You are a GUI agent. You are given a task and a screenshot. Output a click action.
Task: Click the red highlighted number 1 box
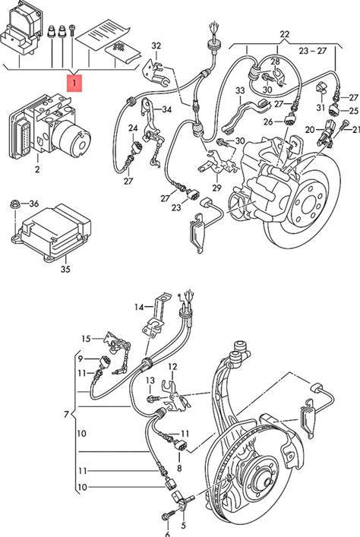[74, 84]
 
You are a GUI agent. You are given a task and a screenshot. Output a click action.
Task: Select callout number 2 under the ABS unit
[37, 169]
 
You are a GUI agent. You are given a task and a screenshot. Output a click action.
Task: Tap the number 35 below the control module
[65, 269]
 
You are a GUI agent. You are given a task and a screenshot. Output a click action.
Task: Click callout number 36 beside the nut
[34, 204]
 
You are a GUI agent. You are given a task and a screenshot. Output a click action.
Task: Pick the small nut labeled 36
[14, 204]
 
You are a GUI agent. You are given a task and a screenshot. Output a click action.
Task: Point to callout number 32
[156, 46]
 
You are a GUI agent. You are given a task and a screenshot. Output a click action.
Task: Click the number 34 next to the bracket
[167, 109]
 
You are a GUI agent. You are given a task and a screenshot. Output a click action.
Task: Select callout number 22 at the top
[284, 34]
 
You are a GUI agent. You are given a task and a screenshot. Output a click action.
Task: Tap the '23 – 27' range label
[313, 51]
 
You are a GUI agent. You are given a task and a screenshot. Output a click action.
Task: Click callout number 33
[240, 90]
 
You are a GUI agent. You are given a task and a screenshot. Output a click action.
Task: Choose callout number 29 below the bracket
[216, 188]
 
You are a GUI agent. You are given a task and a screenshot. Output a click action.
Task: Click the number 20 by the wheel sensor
[310, 129]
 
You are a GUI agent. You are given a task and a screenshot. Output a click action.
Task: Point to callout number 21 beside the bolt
[356, 129]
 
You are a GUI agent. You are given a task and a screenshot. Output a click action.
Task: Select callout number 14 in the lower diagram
[139, 307]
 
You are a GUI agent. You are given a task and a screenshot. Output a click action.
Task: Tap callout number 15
[86, 339]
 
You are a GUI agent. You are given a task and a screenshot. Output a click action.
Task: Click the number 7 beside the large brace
[66, 415]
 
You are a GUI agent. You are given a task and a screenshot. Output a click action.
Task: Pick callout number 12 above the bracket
[172, 367]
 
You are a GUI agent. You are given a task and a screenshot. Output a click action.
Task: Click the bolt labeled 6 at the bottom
[168, 514]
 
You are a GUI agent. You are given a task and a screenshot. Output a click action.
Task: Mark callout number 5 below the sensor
[183, 525]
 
